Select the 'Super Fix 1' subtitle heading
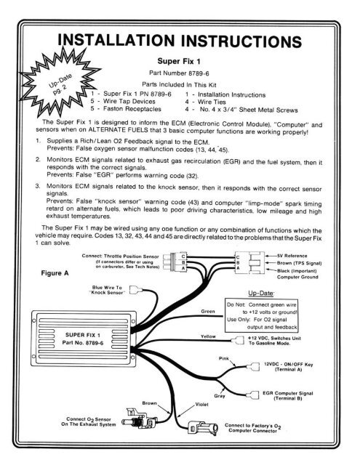pyautogui.click(x=179, y=61)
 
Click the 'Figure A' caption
pyautogui.click(x=55, y=273)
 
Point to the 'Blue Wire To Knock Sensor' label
pyautogui.click(x=107, y=290)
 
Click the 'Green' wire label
pyautogui.click(x=207, y=312)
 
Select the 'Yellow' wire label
pyautogui.click(x=208, y=336)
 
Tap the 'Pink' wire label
pyautogui.click(x=223, y=358)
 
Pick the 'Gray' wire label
pyautogui.click(x=220, y=395)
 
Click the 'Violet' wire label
pyautogui.click(x=201, y=405)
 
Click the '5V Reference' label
pyautogui.click(x=292, y=256)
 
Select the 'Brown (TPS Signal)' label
pyautogui.click(x=299, y=263)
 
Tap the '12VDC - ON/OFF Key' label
pyautogui.click(x=288, y=365)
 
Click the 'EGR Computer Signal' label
pyautogui.click(x=287, y=393)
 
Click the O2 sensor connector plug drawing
pyautogui.click(x=139, y=418)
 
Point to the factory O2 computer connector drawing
pyautogui.click(x=203, y=428)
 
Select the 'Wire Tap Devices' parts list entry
pyautogui.click(x=129, y=101)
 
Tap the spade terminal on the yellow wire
pyautogui.click(x=238, y=340)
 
